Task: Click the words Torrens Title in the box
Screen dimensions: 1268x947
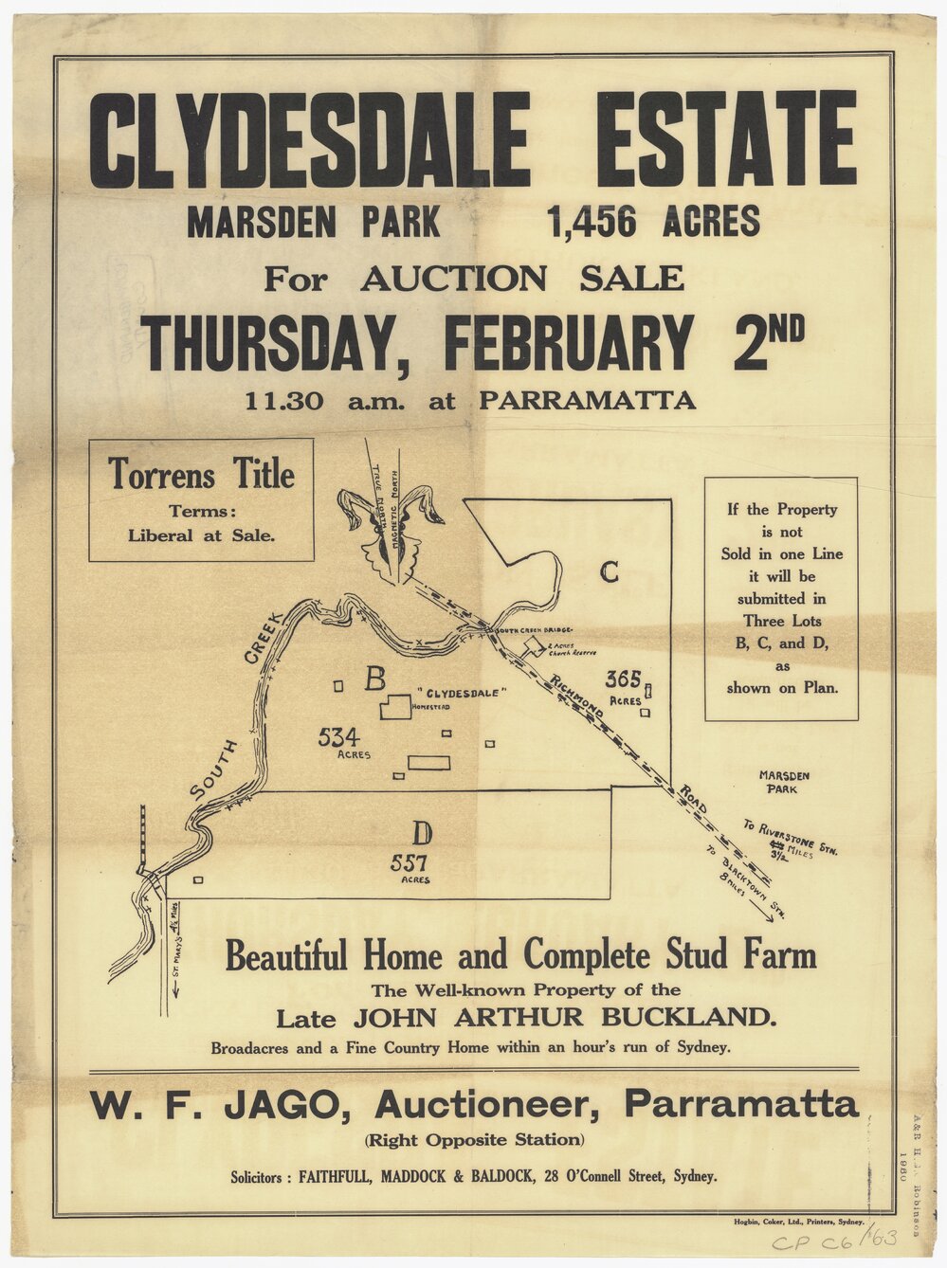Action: [x=201, y=474]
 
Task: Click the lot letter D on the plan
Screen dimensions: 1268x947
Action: [x=422, y=833]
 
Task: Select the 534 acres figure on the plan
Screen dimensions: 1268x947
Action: [x=338, y=736]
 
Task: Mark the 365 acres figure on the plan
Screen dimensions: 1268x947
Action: [x=624, y=679]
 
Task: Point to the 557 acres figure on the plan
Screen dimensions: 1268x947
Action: [x=409, y=863]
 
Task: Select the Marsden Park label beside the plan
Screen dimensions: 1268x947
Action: [x=784, y=781]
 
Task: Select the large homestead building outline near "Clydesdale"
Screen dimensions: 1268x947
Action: [x=396, y=707]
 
